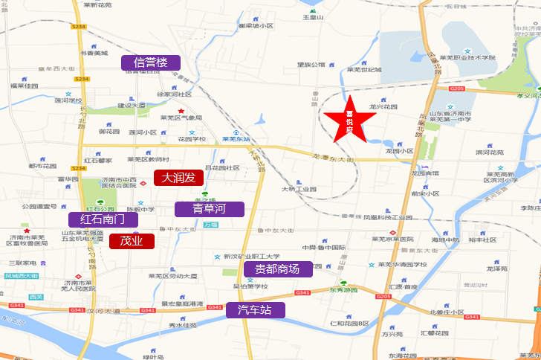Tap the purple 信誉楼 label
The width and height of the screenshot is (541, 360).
(151, 62)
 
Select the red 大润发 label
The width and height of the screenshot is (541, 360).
(178, 178)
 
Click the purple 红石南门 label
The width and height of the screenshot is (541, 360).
(103, 220)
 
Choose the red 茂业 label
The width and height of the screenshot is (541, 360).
(132, 241)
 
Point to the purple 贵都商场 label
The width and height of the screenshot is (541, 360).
(277, 269)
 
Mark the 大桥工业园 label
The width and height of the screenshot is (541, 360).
(299, 189)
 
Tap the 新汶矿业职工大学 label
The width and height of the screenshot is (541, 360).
(256, 255)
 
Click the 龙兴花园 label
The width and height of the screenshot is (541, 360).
(383, 106)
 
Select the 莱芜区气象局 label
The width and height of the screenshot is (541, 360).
(181, 118)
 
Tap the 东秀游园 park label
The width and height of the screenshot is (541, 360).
(344, 292)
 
